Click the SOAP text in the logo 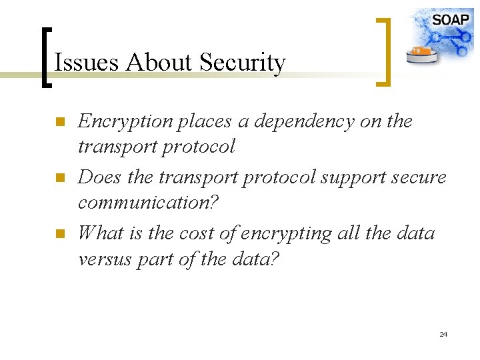[451, 19]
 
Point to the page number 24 [443, 334]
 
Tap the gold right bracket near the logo [384, 51]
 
